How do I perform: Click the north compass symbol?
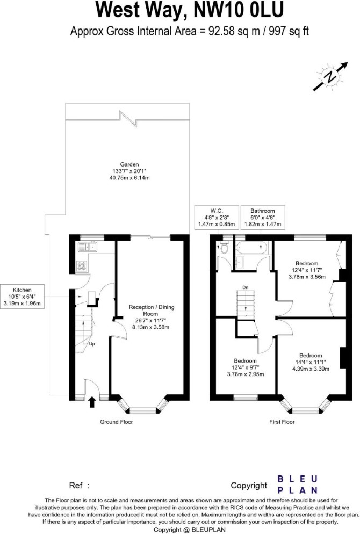(x=330, y=76)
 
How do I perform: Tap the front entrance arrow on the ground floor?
(x=92, y=402)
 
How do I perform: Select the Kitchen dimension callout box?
(x=22, y=297)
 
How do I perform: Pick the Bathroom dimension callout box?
(x=263, y=217)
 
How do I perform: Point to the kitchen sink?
(x=88, y=247)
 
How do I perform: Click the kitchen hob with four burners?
(x=82, y=265)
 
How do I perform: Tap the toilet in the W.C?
(x=225, y=247)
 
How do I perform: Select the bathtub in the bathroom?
(x=253, y=247)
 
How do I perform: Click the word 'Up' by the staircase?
(x=92, y=344)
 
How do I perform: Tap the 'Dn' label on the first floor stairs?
(x=245, y=287)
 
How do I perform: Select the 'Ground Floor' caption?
(x=116, y=422)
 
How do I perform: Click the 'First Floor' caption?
(x=282, y=422)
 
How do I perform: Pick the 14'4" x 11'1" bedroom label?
(x=311, y=362)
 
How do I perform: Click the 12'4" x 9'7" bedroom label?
(x=245, y=367)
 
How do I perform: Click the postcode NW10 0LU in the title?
(x=238, y=10)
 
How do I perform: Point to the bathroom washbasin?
(x=239, y=261)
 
